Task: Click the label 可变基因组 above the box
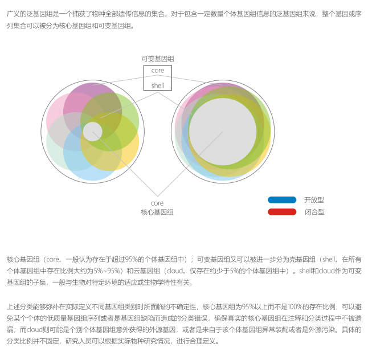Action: coord(158,59)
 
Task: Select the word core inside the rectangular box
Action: coord(158,71)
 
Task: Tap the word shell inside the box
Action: coord(158,85)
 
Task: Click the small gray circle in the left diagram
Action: coord(93,132)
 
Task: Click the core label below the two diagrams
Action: coord(157,203)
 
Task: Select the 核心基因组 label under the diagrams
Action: coord(157,212)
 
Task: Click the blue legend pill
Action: coord(282,200)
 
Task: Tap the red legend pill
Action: coord(282,212)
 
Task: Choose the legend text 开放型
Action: coord(314,200)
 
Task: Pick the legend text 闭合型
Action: coord(314,212)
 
